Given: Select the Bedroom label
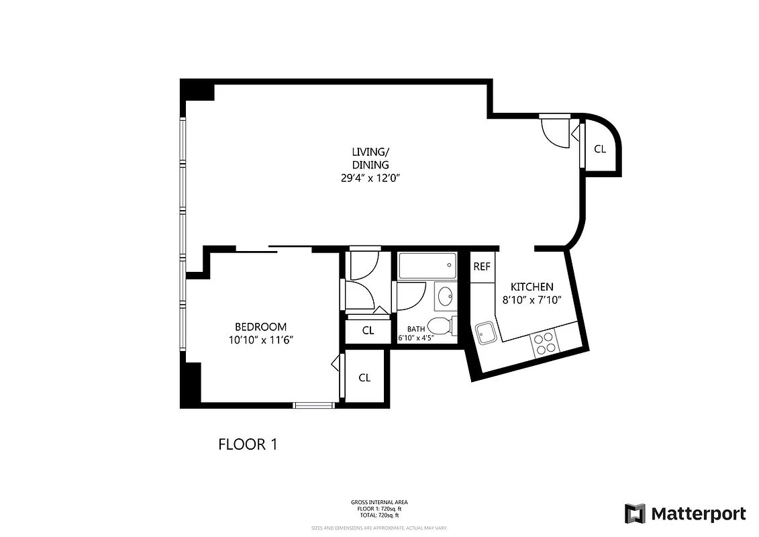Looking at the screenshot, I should (x=261, y=326).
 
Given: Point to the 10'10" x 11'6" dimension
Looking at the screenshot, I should (x=261, y=340).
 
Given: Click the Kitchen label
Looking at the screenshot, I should (x=532, y=287).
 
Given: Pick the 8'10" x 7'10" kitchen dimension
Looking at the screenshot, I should (x=532, y=300).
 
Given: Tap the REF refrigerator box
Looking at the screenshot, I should (x=482, y=266).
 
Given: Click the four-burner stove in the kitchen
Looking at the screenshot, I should (x=544, y=343).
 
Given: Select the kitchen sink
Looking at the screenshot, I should (x=485, y=332).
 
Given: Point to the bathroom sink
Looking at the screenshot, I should (x=444, y=294).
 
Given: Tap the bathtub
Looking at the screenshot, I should (x=427, y=266).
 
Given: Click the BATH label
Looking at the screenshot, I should (x=416, y=329).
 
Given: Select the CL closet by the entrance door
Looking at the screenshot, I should (x=600, y=149).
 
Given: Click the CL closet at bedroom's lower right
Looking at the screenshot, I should (x=364, y=377).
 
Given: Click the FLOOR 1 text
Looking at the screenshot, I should (x=248, y=444).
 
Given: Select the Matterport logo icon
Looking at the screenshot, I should (x=635, y=514).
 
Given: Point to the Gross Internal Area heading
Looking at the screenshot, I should (x=379, y=502).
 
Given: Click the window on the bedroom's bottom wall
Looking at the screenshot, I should (x=314, y=405).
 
